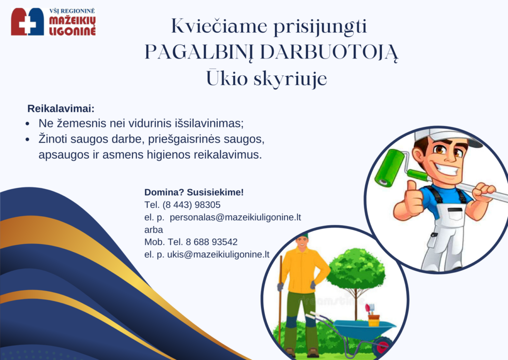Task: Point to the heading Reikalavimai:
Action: click(61, 109)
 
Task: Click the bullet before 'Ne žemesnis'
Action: click(28, 124)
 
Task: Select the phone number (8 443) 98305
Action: click(191, 205)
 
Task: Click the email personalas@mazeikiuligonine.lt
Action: click(235, 217)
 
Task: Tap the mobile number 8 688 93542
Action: click(211, 242)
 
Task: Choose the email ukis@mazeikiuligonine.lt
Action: click(218, 254)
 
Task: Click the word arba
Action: click(154, 230)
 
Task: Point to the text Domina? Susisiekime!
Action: click(194, 192)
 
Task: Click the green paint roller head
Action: click(390, 168)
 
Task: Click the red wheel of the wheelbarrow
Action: click(382, 347)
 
